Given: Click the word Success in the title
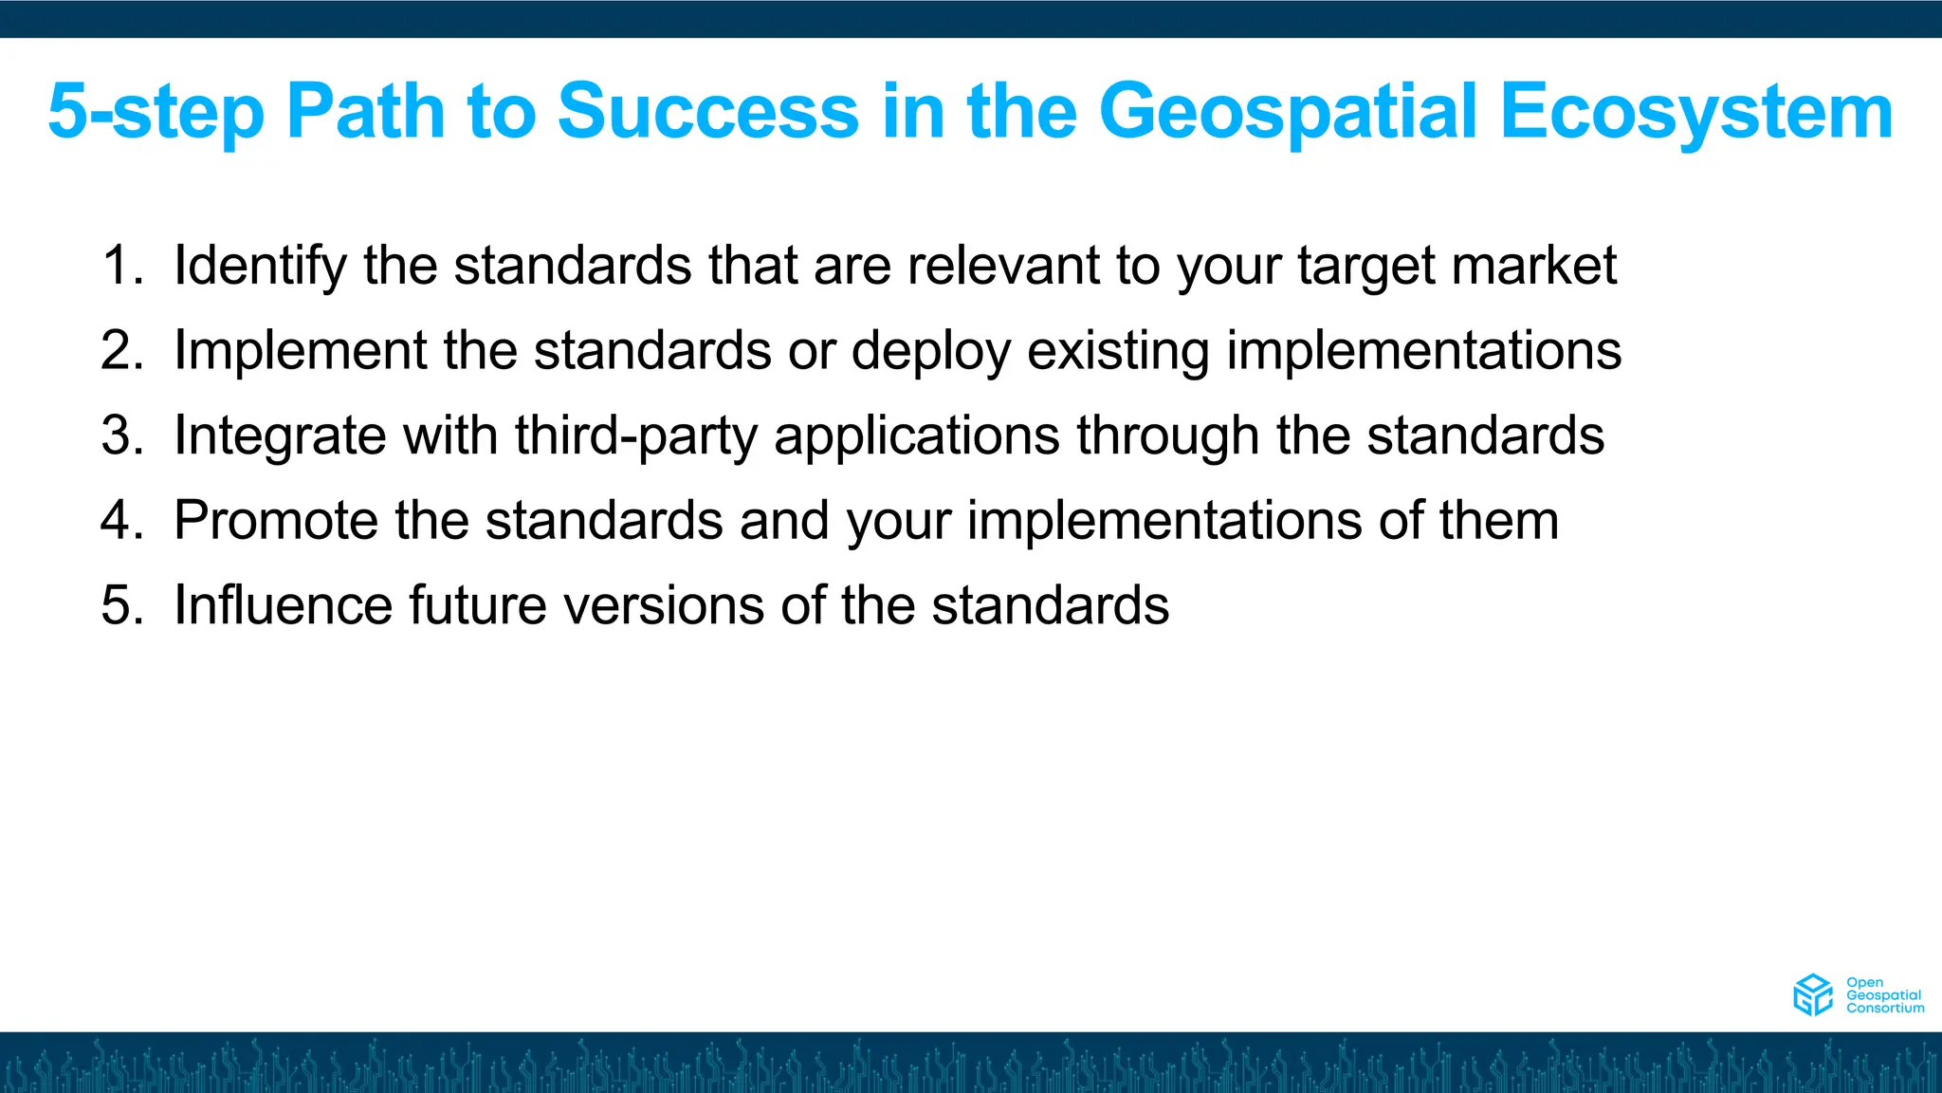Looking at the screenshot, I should tap(707, 112).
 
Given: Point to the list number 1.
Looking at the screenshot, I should tap(120, 265).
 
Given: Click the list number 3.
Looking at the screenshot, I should tap(120, 435).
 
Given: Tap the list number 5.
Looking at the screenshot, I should tap(120, 605).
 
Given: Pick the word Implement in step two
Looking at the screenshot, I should tap(300, 351).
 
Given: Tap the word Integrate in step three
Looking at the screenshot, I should tap(280, 437).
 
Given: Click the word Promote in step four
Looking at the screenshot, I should tap(276, 521).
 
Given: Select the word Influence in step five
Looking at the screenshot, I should tap(283, 605).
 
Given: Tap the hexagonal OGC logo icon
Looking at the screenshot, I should tap(1812, 995).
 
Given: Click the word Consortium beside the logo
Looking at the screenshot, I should tap(1885, 1009).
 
